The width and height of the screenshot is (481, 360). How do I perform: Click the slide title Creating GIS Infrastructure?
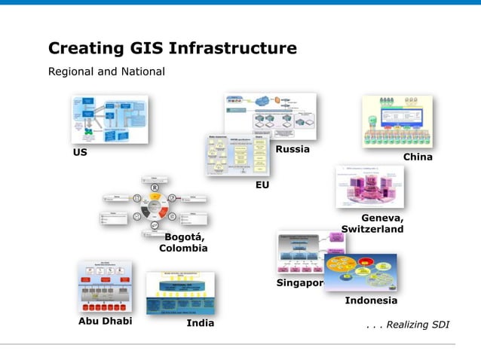[172, 49]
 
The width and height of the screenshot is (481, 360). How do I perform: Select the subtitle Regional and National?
[106, 72]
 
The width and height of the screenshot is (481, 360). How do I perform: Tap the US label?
[80, 152]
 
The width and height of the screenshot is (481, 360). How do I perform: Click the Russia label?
[293, 149]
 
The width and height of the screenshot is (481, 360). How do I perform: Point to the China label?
[418, 157]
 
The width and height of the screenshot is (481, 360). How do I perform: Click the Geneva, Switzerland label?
[372, 223]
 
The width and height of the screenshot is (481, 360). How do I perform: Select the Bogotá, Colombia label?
[183, 242]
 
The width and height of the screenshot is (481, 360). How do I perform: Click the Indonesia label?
[371, 301]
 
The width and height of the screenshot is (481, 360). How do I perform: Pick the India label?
[201, 323]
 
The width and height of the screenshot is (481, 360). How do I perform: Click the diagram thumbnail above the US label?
[109, 119]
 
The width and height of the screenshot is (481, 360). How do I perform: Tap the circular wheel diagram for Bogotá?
[155, 206]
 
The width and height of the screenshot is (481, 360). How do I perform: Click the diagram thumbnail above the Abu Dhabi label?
[105, 287]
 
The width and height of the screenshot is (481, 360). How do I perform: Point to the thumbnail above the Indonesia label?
[360, 272]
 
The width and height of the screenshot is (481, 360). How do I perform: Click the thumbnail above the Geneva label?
[369, 187]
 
